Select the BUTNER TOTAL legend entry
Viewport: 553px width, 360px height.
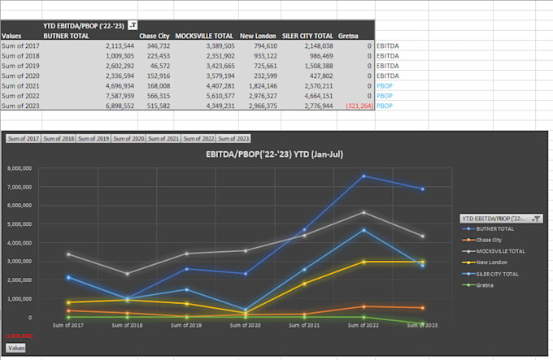495,229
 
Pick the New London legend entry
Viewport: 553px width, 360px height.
492,262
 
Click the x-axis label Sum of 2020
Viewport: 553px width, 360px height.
239,324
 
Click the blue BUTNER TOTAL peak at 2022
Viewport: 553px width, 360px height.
364,176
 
